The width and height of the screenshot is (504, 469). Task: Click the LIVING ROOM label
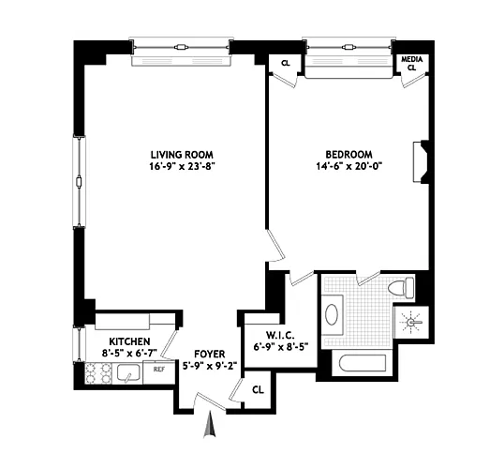(x=182, y=155)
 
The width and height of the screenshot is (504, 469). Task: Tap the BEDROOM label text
(x=349, y=155)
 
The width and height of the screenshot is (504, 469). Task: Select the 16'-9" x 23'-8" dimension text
(x=182, y=167)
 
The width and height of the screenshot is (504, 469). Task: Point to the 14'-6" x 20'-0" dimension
(x=349, y=166)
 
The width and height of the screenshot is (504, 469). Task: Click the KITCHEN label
(x=129, y=341)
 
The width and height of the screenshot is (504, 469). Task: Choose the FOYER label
(x=210, y=354)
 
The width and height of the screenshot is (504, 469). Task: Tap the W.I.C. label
(x=281, y=336)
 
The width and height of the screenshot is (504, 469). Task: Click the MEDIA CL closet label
(x=412, y=64)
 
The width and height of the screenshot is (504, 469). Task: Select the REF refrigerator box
(x=159, y=372)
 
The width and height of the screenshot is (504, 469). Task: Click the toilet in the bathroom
(x=401, y=287)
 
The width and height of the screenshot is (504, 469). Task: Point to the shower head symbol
(x=411, y=322)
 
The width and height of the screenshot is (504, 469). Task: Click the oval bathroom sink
(x=332, y=314)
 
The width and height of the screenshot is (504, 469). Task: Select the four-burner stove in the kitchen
(x=98, y=372)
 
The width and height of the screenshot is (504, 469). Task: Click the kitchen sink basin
(x=128, y=372)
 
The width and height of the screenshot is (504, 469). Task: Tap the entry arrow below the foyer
(x=209, y=424)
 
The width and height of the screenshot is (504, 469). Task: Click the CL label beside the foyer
(x=258, y=390)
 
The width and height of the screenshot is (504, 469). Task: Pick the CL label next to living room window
(x=286, y=63)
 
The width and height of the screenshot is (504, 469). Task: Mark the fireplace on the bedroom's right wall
(x=421, y=162)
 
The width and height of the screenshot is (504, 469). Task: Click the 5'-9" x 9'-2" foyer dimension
(x=210, y=366)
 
